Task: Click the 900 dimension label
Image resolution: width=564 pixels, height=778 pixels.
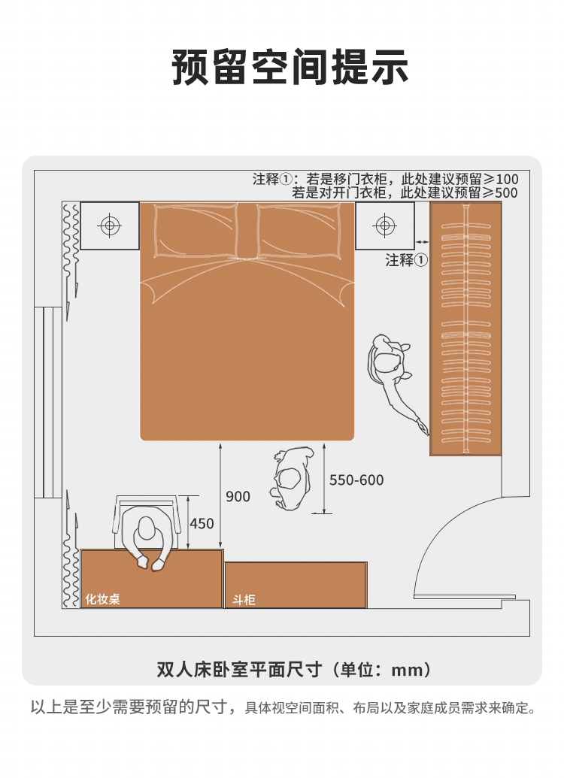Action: [238, 496]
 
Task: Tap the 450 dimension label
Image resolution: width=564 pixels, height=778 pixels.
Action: [202, 523]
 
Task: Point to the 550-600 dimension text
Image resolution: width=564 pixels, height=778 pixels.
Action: [356, 480]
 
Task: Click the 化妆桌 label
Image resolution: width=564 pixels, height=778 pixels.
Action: [103, 599]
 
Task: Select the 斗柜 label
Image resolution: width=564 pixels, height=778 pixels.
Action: [244, 600]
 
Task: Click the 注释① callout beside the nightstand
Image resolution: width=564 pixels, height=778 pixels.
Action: [407, 259]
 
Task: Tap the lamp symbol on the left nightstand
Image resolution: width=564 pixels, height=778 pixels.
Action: [110, 226]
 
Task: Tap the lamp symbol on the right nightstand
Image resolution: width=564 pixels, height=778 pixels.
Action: [385, 226]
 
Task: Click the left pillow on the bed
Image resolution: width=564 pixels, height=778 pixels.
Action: [196, 231]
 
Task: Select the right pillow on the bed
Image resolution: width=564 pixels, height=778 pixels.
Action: [300, 231]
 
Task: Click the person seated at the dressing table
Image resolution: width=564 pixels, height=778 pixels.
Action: [147, 538]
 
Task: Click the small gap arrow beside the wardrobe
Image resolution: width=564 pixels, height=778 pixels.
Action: [422, 241]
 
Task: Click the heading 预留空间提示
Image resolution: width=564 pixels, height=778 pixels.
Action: [290, 66]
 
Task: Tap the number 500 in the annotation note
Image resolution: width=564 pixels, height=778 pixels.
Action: [506, 193]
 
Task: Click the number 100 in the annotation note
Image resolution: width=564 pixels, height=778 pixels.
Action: [506, 179]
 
